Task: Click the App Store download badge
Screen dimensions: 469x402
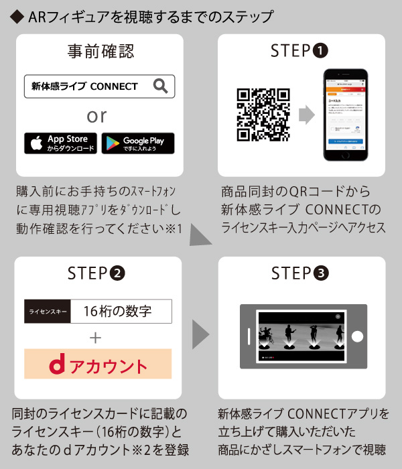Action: (60, 143)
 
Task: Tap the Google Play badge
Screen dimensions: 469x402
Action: (138, 143)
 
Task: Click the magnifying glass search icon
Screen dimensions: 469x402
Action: (160, 86)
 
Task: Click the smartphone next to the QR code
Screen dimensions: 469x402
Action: (345, 114)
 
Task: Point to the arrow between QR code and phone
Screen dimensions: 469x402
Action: (306, 115)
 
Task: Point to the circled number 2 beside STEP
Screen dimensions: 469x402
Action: (117, 273)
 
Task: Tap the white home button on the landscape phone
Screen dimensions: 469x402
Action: (358, 336)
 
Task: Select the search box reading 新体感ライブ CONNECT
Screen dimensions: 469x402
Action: (98, 86)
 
